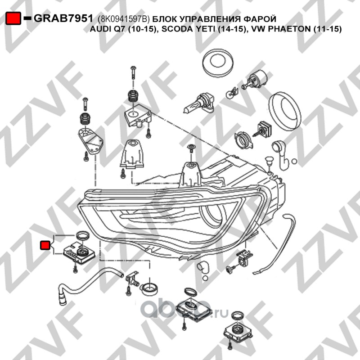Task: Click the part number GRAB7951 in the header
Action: pyautogui.click(x=63, y=18)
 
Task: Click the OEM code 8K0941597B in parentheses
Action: pyautogui.click(x=124, y=19)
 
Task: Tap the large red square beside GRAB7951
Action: pyautogui.click(x=13, y=18)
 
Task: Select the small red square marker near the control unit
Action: pyautogui.click(x=45, y=245)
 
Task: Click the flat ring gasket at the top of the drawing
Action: pyautogui.click(x=218, y=61)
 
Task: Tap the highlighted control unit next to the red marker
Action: pyautogui.click(x=80, y=254)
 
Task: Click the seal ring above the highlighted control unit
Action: pyautogui.click(x=82, y=235)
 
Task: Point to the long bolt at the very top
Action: pyautogui.click(x=134, y=74)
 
